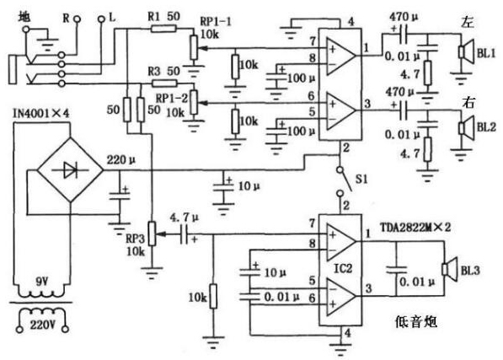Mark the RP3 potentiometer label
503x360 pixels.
point(133,240)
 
